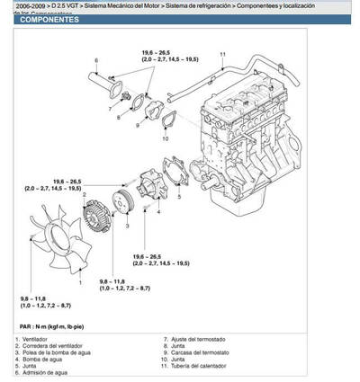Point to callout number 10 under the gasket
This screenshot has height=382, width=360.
[166, 139]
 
